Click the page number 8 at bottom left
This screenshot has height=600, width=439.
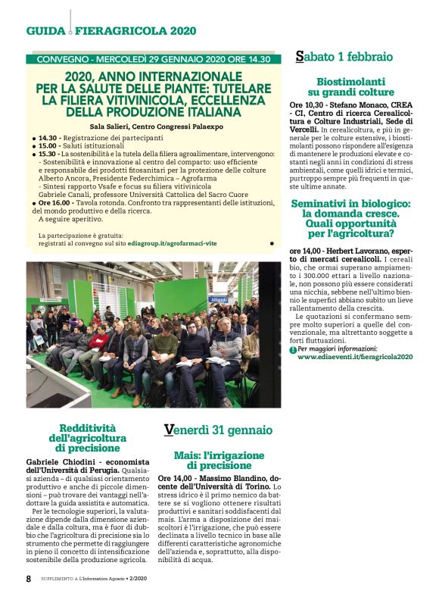pyautogui.click(x=28, y=578)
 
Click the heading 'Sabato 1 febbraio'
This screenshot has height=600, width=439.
pyautogui.click(x=344, y=56)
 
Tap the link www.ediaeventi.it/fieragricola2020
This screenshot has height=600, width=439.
pyautogui.click(x=355, y=356)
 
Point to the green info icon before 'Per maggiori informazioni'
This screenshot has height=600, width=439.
pyautogui.click(x=293, y=349)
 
